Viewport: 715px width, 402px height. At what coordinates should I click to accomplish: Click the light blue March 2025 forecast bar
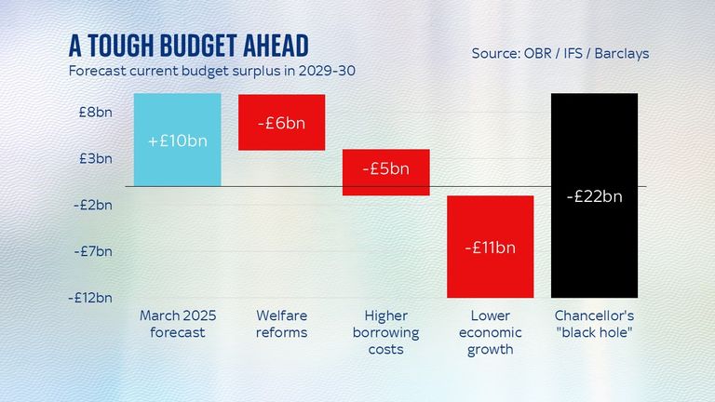(x=177, y=140)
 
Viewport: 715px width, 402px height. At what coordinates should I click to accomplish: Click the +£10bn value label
(x=177, y=141)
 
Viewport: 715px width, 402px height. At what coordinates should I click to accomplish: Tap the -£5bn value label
(x=385, y=169)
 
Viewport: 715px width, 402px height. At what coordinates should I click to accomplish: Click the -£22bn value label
(x=594, y=196)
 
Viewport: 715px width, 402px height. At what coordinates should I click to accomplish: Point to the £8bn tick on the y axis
(x=94, y=112)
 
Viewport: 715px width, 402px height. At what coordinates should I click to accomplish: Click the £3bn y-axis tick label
(x=94, y=158)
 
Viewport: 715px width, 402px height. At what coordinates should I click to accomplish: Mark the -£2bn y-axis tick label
(x=92, y=205)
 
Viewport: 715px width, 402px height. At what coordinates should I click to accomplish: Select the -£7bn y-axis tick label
(x=92, y=251)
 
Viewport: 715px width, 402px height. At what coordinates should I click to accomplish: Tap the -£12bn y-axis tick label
(x=90, y=298)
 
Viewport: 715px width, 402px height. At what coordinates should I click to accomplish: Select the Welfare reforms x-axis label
(x=280, y=324)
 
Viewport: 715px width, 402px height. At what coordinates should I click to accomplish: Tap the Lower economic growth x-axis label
(x=490, y=333)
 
